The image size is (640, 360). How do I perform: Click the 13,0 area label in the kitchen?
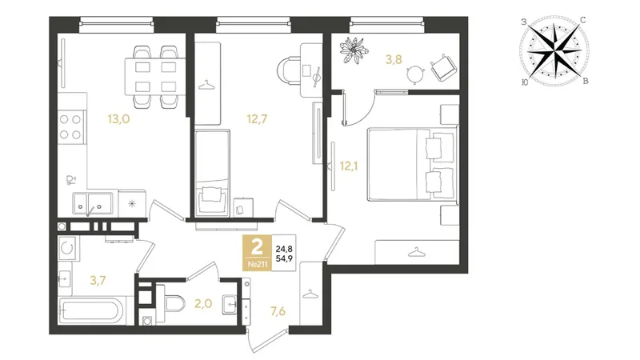point(118,119)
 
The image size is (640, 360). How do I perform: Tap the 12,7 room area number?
point(257,119)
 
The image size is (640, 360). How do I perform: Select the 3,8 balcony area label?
point(394,59)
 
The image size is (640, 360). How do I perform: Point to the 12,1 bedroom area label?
point(349,166)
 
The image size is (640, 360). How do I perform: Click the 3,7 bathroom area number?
point(98,281)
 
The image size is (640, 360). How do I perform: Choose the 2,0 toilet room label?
point(203,304)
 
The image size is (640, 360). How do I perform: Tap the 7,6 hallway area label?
point(278,311)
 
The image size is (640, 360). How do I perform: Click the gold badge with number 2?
point(257,253)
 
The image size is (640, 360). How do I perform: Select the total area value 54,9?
point(284,258)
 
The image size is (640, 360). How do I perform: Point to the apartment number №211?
point(258,265)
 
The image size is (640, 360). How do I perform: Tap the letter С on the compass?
point(583,20)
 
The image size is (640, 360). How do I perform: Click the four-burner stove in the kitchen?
point(71,127)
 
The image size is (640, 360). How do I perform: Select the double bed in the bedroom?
point(411,165)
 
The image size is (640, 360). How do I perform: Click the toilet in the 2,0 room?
point(174,303)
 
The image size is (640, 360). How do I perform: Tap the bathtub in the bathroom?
point(90,311)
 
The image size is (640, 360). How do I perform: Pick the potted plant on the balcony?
point(354,50)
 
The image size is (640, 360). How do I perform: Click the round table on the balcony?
point(415,74)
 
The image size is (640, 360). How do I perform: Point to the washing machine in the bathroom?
point(66,248)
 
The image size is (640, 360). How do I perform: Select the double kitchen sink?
point(93,203)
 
